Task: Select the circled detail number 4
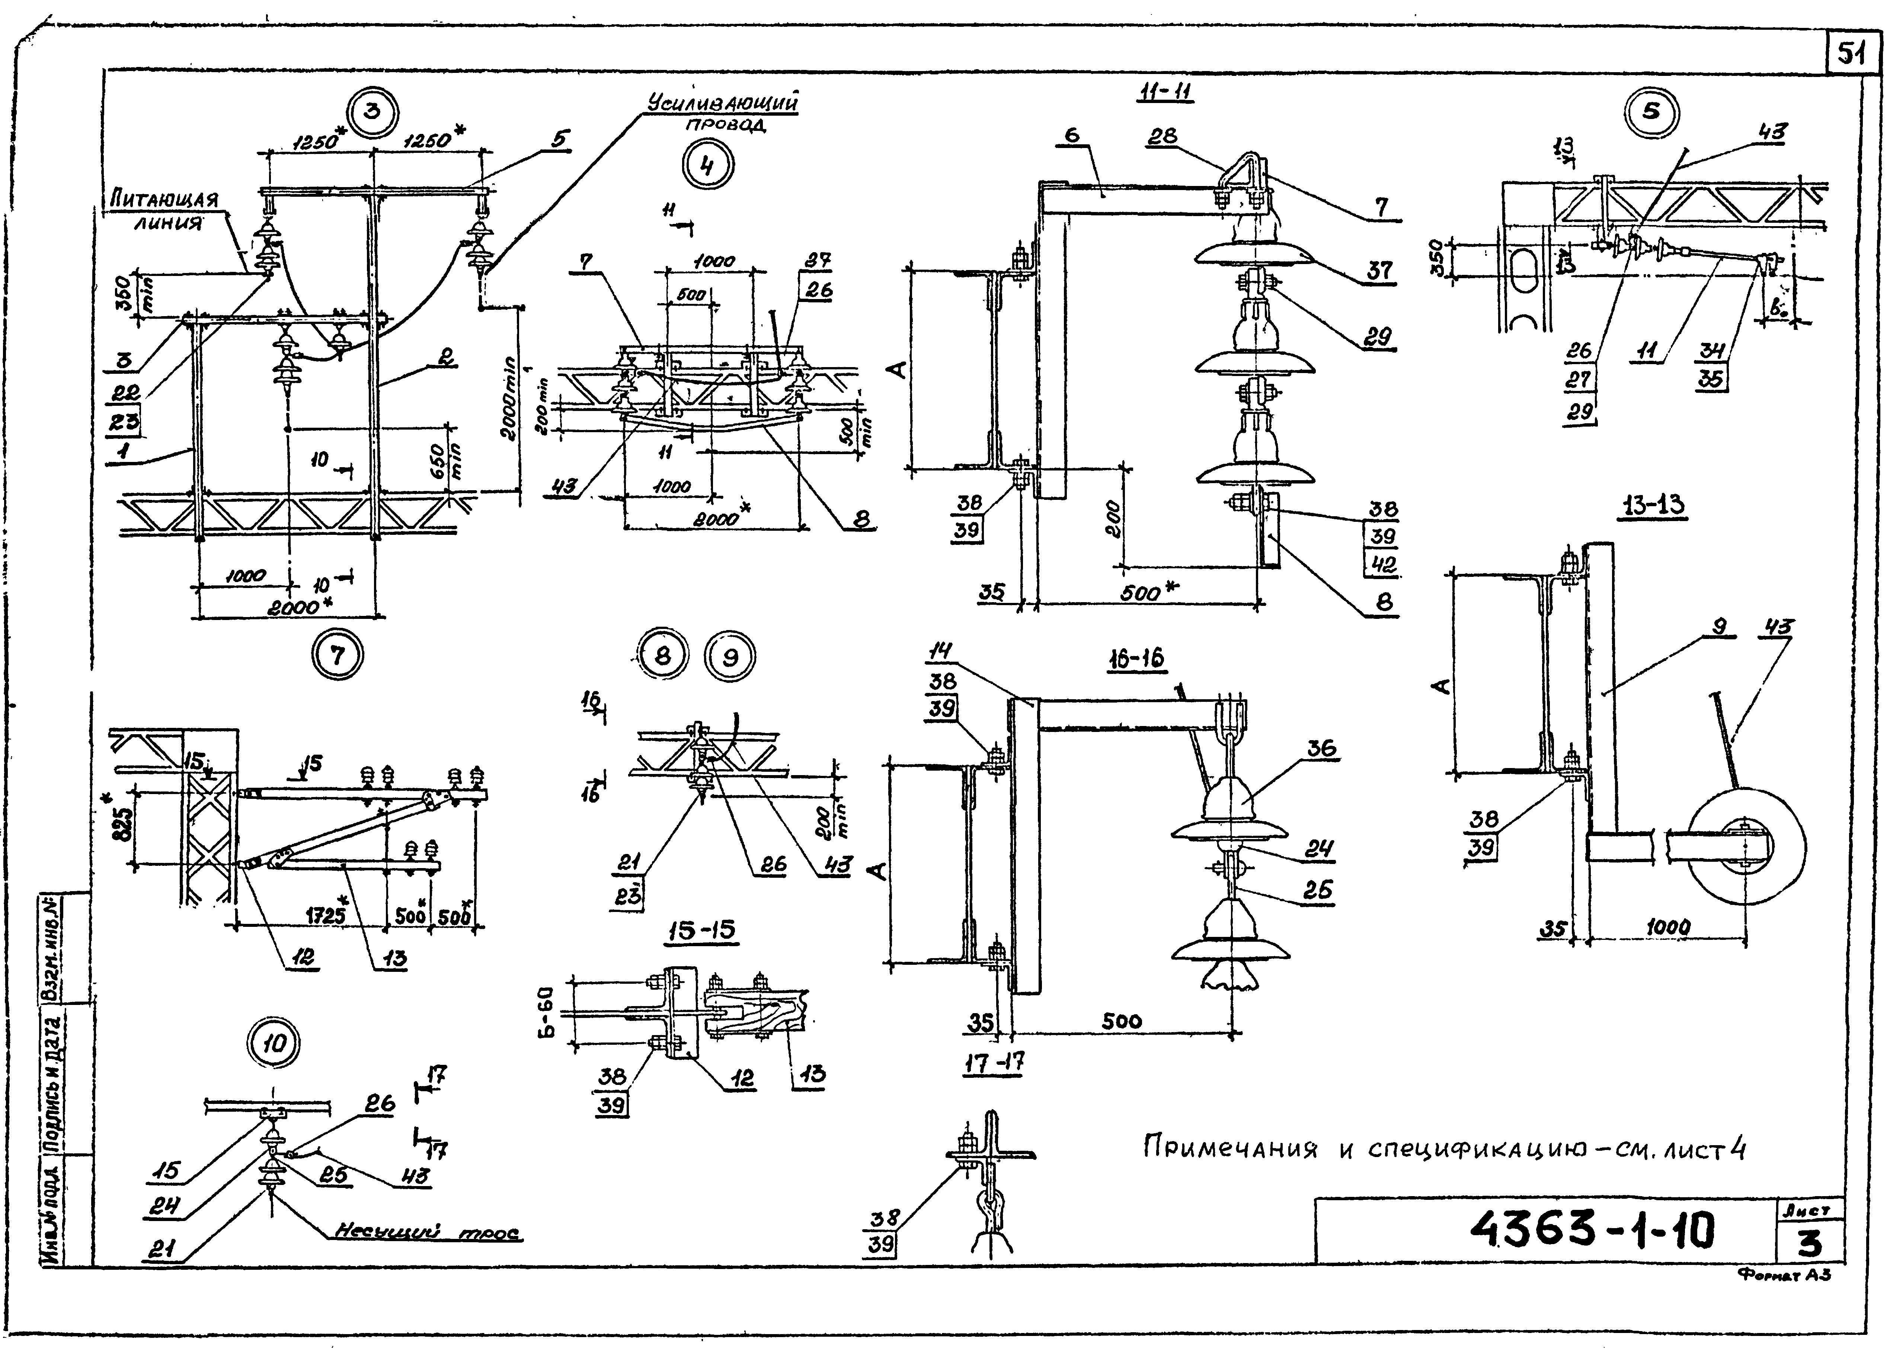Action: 707,166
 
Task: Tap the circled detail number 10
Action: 274,1044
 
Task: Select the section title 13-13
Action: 1653,505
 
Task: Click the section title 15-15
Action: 702,930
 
